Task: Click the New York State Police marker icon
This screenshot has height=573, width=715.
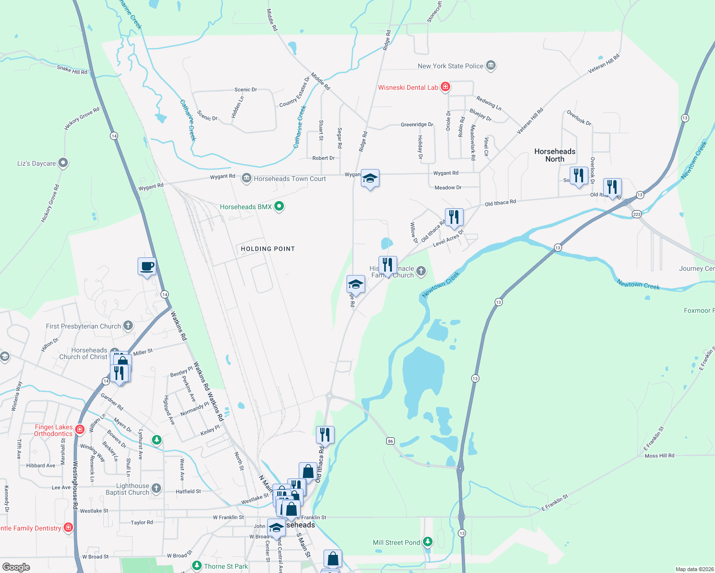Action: coord(491,66)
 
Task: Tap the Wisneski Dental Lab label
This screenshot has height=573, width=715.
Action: coord(408,87)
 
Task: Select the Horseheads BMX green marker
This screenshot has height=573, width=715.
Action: coord(279,207)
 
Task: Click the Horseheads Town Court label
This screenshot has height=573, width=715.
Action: coord(290,179)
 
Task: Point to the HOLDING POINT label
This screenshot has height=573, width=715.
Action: coord(268,249)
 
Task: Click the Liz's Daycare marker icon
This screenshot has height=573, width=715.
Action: coord(63,163)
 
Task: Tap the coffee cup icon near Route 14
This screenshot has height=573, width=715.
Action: coord(147,266)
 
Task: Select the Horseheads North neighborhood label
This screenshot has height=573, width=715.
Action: coord(554,155)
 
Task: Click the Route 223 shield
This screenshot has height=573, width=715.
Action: coord(637,214)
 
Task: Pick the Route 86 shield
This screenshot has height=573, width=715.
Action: coord(390,441)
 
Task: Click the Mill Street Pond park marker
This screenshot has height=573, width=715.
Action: coord(428,542)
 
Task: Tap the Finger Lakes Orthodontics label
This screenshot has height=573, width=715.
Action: coord(54,430)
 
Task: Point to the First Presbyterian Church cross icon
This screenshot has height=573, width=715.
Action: coord(128,326)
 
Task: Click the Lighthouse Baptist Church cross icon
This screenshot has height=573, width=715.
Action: coord(156,488)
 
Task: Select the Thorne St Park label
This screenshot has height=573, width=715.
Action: coord(226,566)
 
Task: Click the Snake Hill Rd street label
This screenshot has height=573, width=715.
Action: coord(72,70)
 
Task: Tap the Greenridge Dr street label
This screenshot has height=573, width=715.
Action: coord(417,125)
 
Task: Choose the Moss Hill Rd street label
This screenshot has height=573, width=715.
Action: coord(659,456)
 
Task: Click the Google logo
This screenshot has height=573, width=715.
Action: coord(16,567)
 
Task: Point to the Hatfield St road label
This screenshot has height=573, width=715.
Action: coord(188,491)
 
